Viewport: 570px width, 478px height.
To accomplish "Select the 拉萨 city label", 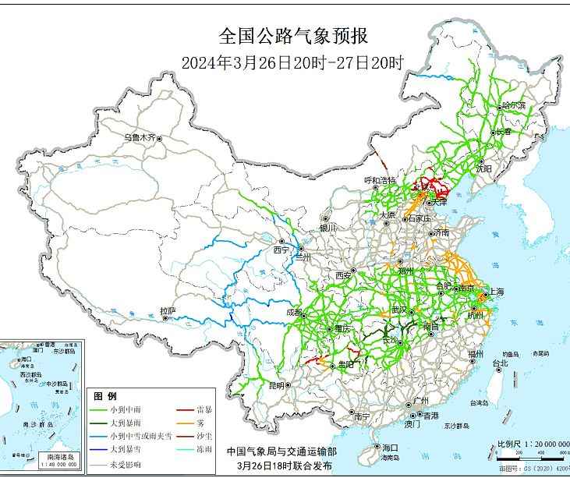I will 168,311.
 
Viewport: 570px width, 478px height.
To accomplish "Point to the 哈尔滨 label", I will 514,104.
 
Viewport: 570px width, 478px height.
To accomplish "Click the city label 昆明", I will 276,385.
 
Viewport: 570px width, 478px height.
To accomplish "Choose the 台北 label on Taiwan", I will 499,363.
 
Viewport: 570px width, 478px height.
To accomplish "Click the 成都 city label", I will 294,312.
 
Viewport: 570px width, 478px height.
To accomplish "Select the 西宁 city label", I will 281,250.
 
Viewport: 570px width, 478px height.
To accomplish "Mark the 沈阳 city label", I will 484,168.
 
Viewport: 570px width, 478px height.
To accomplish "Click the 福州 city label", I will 475,354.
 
